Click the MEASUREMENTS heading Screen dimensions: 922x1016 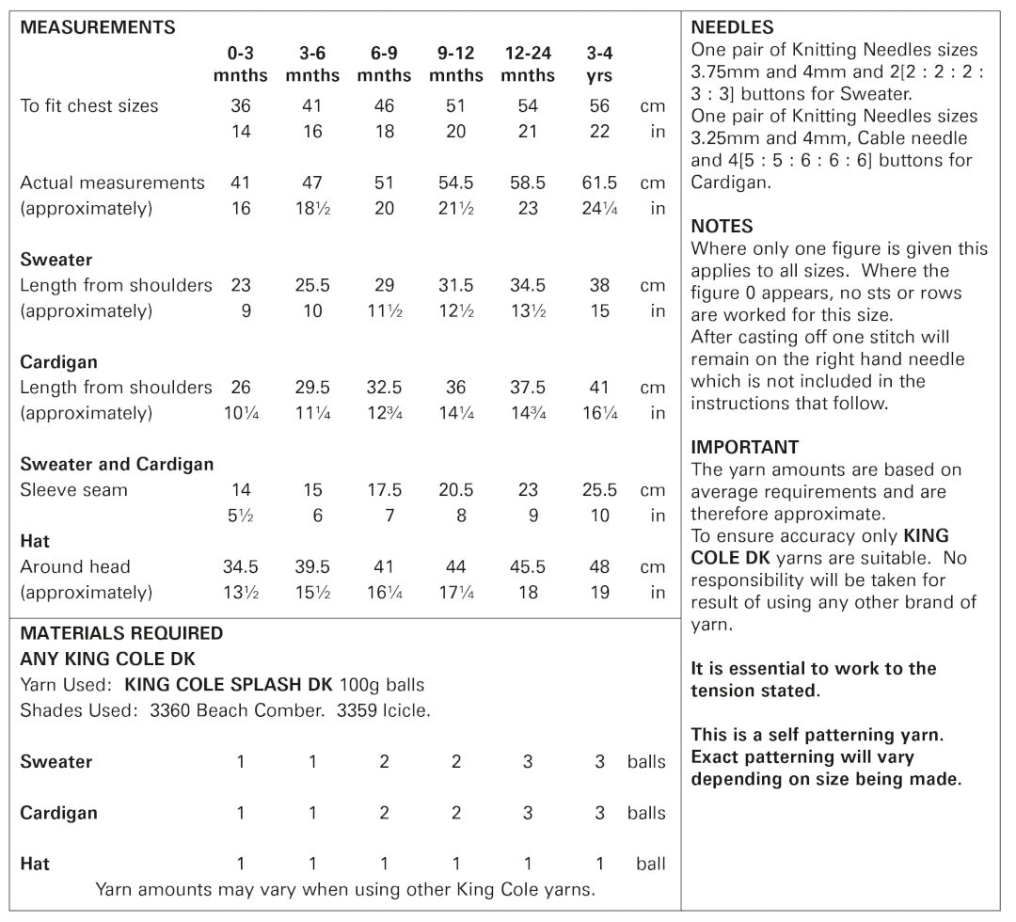coord(98,27)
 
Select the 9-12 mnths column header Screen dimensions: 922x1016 coord(456,65)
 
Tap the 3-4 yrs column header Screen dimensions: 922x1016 coord(599,65)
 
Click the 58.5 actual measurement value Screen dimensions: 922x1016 coord(528,183)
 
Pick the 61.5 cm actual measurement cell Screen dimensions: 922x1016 coord(599,183)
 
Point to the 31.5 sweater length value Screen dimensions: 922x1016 coord(456,285)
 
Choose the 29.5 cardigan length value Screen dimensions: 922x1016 coord(312,388)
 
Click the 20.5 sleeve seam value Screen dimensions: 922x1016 coord(456,490)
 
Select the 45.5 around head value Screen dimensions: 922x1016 coord(528,566)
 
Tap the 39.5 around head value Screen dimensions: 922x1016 coord(312,566)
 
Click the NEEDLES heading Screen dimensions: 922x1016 coord(733,27)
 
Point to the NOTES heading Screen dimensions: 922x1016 coord(722,226)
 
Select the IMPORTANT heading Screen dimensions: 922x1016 coord(744,447)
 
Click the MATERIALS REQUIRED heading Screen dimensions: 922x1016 coord(121,633)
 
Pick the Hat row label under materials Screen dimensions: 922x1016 coord(35,864)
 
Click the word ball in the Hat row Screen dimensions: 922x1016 coord(650,864)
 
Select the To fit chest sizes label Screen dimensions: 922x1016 coord(89,106)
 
